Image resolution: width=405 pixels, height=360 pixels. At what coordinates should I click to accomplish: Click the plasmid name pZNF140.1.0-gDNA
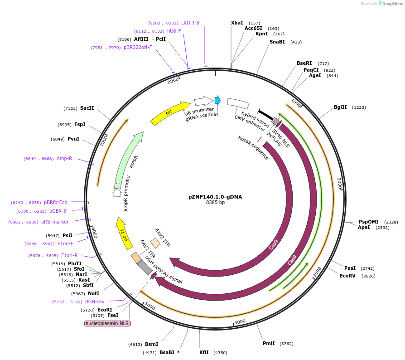point(215,197)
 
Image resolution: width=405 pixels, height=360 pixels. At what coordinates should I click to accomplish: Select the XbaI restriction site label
point(237,23)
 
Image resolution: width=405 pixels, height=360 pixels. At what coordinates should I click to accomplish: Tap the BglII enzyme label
point(340,107)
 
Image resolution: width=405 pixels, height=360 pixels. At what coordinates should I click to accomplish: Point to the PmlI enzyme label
point(269,343)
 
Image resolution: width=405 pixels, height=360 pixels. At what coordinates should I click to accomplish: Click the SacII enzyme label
point(87,108)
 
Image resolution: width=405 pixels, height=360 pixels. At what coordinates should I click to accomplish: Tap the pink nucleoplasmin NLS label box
point(107,323)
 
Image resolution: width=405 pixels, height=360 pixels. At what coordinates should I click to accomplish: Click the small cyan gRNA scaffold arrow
point(217,100)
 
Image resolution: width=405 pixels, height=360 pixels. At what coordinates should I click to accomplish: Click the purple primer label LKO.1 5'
point(191,23)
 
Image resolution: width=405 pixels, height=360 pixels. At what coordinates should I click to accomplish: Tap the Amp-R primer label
point(64,159)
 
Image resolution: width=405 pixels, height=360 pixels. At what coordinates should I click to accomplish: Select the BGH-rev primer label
point(95,302)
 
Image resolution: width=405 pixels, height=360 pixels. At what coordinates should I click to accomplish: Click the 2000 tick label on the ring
point(339,184)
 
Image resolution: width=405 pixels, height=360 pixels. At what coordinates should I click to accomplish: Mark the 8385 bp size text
point(215,203)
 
